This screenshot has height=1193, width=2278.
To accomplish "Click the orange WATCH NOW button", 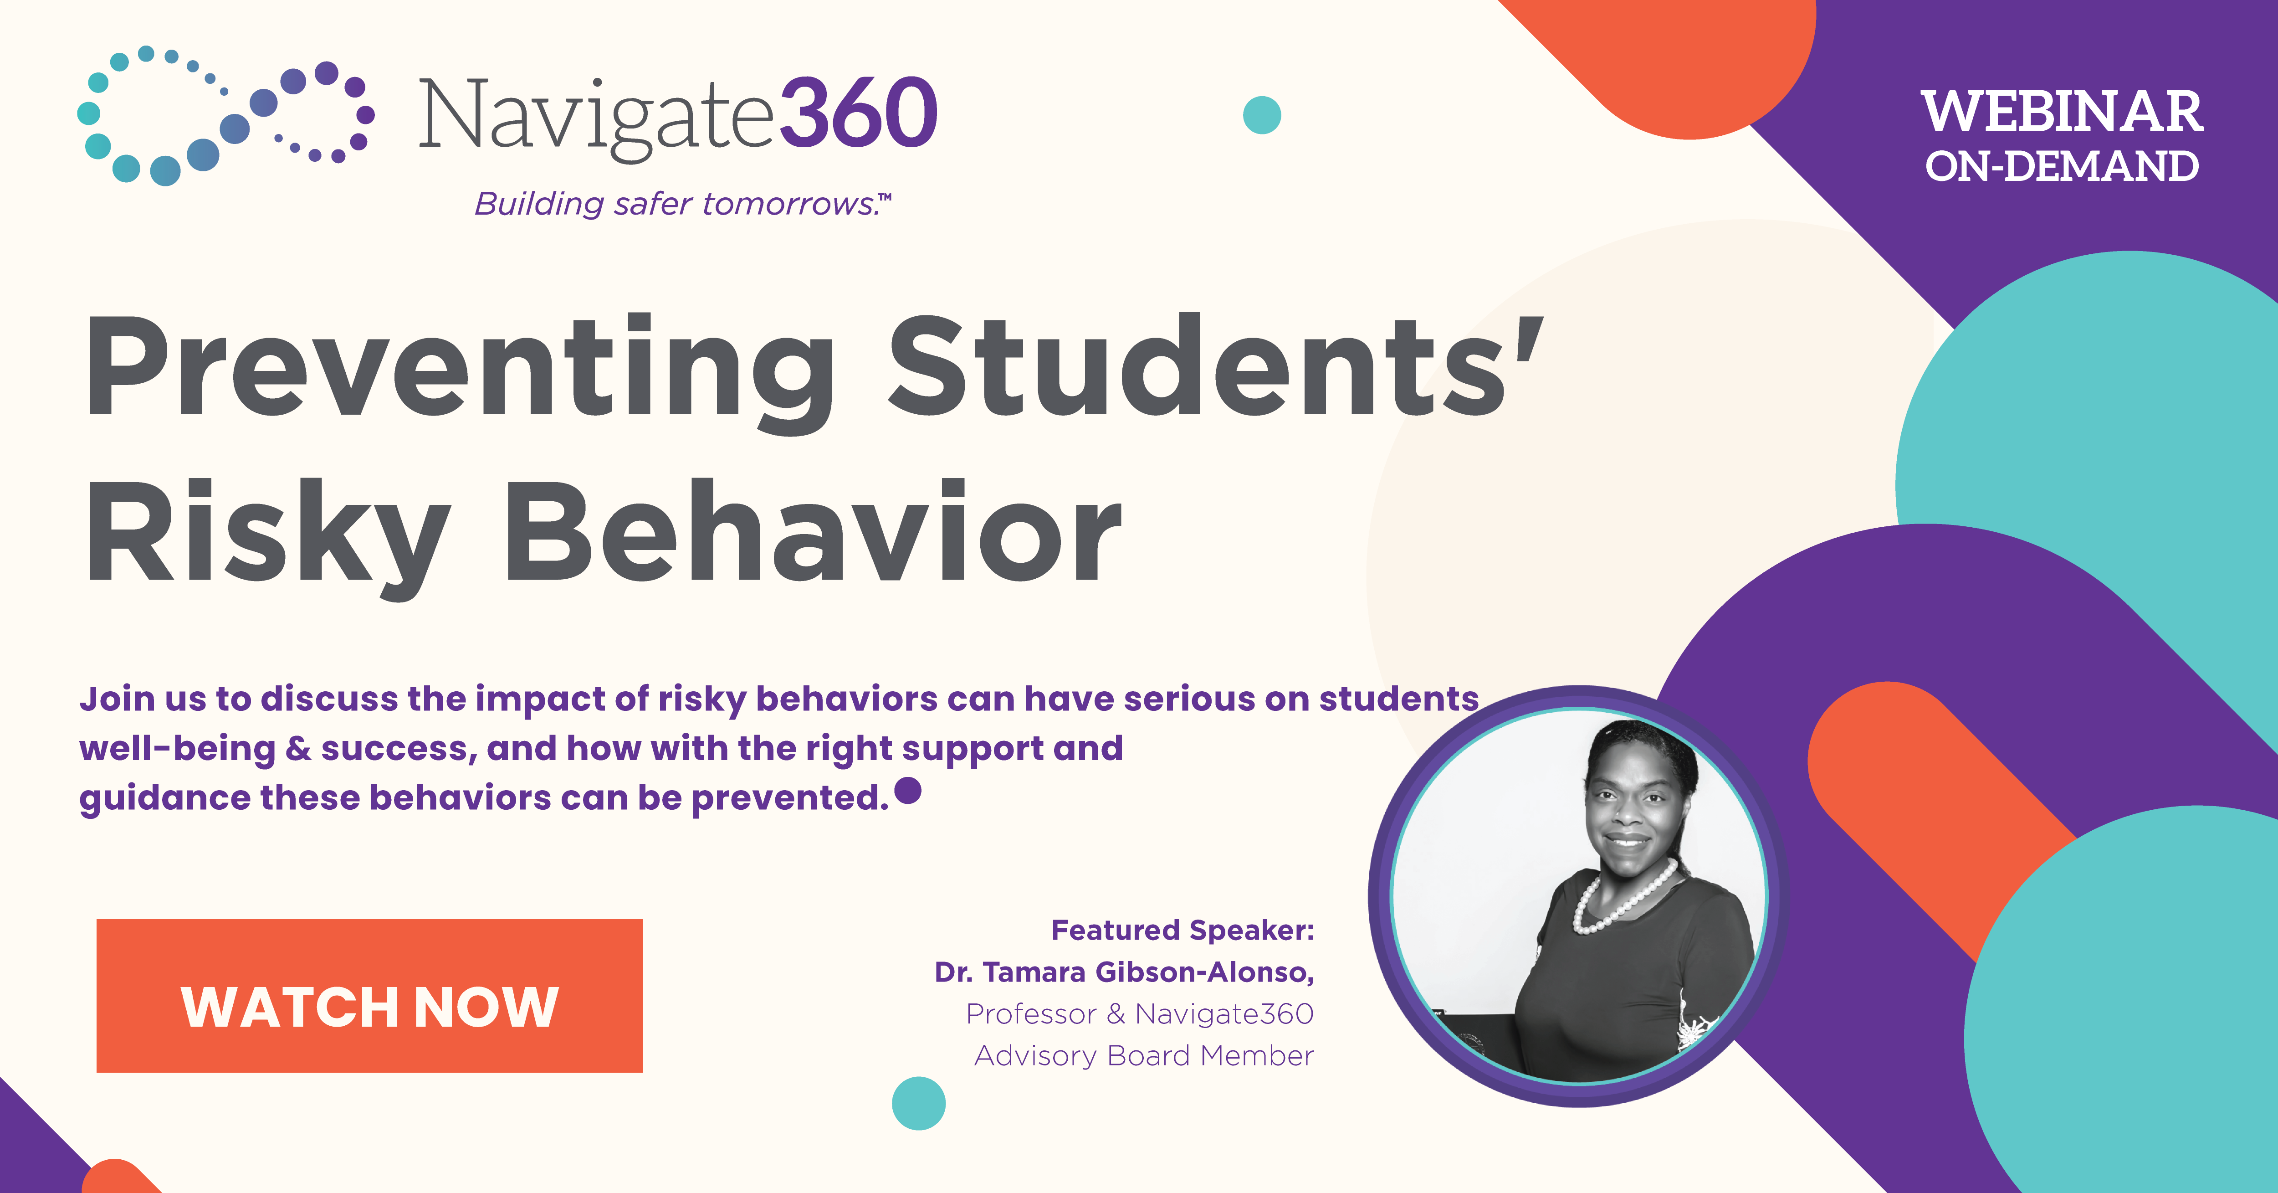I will click(369, 996).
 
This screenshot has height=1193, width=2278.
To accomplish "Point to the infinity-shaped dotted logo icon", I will click(225, 115).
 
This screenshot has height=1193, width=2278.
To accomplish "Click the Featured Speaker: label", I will click(1183, 931).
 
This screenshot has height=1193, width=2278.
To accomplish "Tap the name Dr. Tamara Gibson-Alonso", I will click(1124, 972).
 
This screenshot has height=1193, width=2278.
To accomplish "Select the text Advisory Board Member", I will click(1143, 1056).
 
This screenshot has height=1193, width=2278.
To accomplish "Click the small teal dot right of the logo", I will click(1262, 115).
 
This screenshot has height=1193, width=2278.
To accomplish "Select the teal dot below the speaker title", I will click(919, 1103).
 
